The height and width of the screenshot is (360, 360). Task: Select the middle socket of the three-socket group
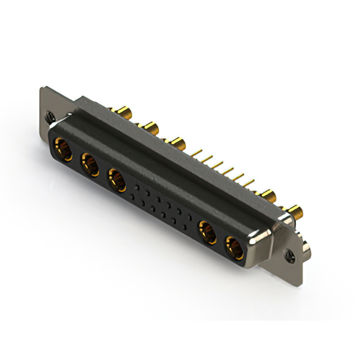(89, 165)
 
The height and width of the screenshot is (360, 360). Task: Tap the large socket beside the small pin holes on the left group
(116, 180)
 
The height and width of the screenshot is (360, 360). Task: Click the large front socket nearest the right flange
(234, 247)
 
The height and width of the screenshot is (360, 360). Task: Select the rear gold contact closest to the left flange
(122, 110)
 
